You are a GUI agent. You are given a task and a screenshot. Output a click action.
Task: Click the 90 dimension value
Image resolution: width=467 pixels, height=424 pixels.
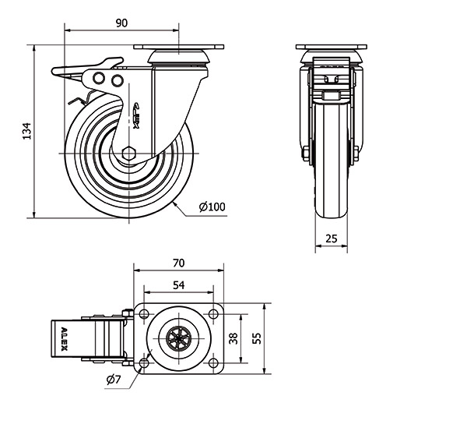click(x=121, y=23)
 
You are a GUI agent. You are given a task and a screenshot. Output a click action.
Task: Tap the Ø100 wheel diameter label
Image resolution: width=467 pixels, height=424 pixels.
click(x=212, y=207)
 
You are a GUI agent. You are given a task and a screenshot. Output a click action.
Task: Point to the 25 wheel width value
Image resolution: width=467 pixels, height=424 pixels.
click(x=331, y=240)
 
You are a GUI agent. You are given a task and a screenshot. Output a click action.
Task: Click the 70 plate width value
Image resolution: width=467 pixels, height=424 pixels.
click(x=178, y=264)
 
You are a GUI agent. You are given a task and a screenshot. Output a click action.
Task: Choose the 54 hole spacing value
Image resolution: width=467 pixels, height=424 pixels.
click(x=178, y=286)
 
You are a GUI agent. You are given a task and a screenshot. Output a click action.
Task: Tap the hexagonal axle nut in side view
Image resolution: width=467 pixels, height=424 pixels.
click(x=130, y=150)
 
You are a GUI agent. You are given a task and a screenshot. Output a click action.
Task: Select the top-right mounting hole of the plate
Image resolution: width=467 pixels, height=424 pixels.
click(x=212, y=314)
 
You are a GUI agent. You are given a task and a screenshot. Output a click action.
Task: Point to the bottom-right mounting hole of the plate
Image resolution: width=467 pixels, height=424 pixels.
click(x=212, y=364)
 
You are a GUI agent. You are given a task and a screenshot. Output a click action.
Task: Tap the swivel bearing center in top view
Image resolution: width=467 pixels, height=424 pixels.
click(x=178, y=339)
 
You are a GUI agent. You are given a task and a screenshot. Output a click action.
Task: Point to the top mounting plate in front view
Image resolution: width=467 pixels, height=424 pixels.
click(x=331, y=47)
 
